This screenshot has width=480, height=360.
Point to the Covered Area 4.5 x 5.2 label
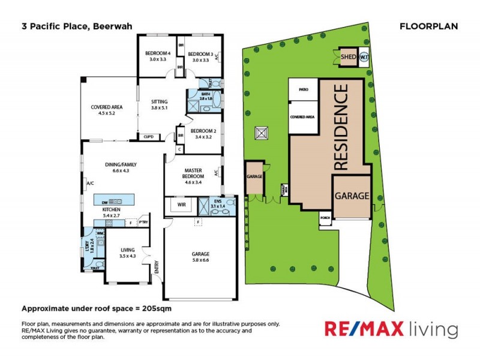click(x=102, y=109)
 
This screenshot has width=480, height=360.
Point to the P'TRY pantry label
click(x=143, y=222)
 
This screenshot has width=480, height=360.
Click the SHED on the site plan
click(x=348, y=57)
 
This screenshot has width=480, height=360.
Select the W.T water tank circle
click(x=364, y=58)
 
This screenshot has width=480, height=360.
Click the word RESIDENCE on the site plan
click(x=340, y=128)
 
